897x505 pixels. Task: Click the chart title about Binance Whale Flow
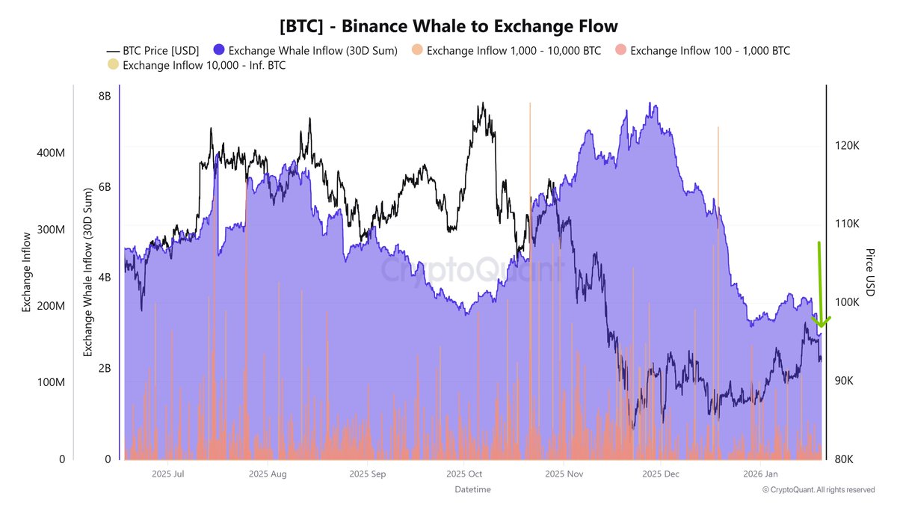[x=449, y=25]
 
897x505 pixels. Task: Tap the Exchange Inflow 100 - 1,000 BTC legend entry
[x=702, y=51]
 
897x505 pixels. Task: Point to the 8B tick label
[x=104, y=96]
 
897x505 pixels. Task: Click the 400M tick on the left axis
[x=52, y=153]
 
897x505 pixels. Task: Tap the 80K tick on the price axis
[x=845, y=459]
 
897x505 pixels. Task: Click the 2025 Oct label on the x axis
[x=465, y=474]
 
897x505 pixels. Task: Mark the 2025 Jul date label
[x=167, y=474]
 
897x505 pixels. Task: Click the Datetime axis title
[x=472, y=489]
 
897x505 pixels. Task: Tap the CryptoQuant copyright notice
[x=818, y=490]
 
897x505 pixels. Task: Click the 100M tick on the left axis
[x=52, y=382]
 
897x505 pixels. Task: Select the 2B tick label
[x=104, y=368]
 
